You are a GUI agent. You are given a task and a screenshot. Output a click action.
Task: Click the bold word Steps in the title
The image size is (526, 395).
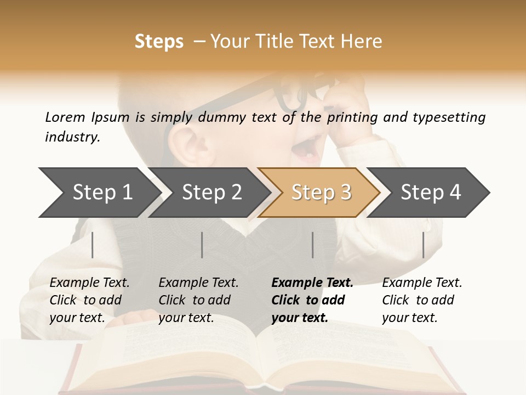(x=159, y=42)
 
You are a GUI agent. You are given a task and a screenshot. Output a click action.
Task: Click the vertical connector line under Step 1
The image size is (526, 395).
(x=93, y=245)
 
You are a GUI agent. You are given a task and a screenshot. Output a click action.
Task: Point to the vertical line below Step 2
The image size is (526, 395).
(x=202, y=245)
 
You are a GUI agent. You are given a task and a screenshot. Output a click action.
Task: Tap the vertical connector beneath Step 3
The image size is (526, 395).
(x=312, y=245)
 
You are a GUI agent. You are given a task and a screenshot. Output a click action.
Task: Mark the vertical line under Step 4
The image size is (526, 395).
(x=423, y=245)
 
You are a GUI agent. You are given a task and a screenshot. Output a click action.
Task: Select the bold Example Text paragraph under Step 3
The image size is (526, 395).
(x=312, y=300)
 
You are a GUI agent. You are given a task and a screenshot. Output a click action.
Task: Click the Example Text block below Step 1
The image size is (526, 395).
(x=89, y=300)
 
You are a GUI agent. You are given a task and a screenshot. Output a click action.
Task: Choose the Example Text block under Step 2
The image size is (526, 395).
(x=198, y=300)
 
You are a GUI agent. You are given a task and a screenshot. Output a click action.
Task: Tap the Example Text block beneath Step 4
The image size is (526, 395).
(x=422, y=300)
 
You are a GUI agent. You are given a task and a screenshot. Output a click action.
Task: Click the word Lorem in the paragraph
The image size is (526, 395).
(x=65, y=117)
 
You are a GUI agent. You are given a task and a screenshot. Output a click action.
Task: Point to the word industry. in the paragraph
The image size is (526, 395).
(x=72, y=137)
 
